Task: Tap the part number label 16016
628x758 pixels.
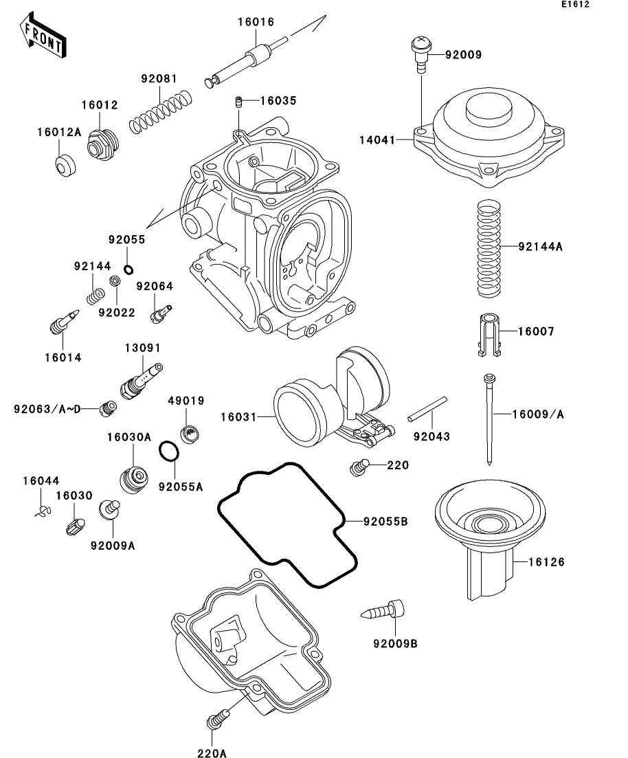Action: pos(256,22)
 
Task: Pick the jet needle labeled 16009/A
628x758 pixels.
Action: pos(490,420)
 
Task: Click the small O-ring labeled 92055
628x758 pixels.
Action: pos(128,269)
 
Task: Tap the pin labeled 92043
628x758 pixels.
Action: pos(427,409)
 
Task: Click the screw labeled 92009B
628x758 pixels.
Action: pos(383,610)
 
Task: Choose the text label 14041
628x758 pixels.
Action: pos(377,140)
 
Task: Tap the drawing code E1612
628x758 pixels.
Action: pos(575,4)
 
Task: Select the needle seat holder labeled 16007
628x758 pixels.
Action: pos(489,335)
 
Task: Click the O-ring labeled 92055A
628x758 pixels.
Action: pos(169,452)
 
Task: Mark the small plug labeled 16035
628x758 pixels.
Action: pos(238,101)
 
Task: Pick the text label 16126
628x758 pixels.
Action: pos(546,562)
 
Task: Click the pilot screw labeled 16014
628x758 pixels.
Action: pos(64,321)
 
